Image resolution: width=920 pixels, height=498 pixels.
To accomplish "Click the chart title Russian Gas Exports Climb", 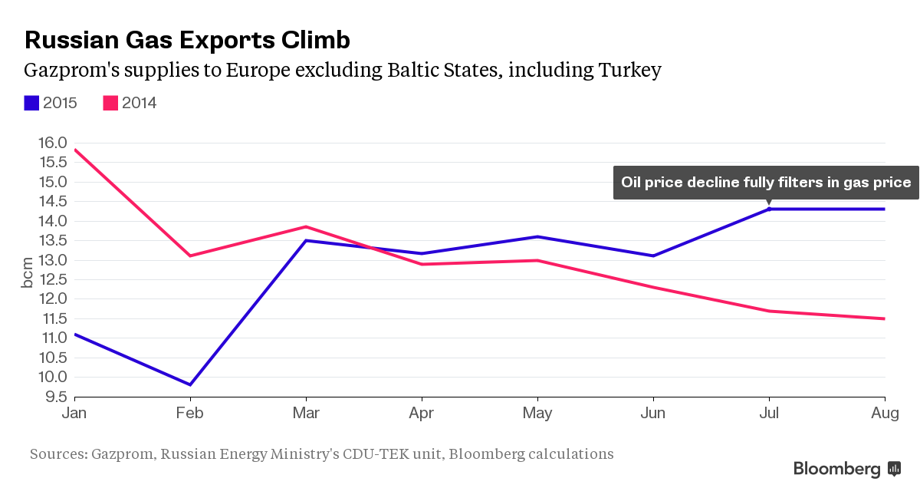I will click(x=187, y=40).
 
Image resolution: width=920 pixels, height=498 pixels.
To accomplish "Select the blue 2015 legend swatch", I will click(x=31, y=103).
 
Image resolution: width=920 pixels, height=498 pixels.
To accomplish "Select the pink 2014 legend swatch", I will click(x=110, y=103).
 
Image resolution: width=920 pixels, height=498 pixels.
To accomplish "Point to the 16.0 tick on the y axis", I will click(x=51, y=143).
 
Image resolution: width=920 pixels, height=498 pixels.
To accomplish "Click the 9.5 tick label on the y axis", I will click(x=54, y=397).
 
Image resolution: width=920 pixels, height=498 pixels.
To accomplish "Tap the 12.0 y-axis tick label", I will click(x=51, y=299).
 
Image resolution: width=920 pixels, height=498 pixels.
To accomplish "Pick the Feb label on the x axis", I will click(x=189, y=414).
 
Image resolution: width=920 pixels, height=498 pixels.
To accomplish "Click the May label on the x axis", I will click(x=537, y=414).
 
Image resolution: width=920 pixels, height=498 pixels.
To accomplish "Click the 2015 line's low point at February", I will click(x=189, y=384).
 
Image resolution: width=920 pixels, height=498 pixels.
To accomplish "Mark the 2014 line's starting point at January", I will click(x=74, y=150).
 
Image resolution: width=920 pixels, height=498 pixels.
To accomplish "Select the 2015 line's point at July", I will click(x=769, y=209).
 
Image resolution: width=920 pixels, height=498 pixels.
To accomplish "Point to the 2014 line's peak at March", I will click(x=306, y=226).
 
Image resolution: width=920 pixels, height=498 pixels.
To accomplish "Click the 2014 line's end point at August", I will click(x=885, y=318).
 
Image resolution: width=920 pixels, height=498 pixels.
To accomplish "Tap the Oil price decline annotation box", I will click(x=765, y=183).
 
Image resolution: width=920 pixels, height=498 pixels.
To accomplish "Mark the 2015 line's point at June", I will click(x=652, y=256).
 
